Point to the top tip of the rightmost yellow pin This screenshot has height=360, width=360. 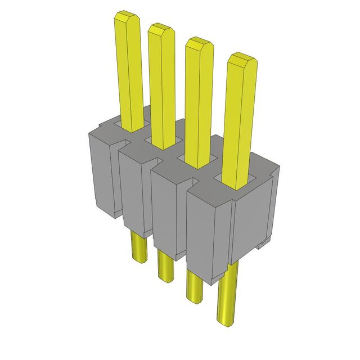[x=242, y=59]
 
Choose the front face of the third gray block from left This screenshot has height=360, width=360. [x=167, y=214]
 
